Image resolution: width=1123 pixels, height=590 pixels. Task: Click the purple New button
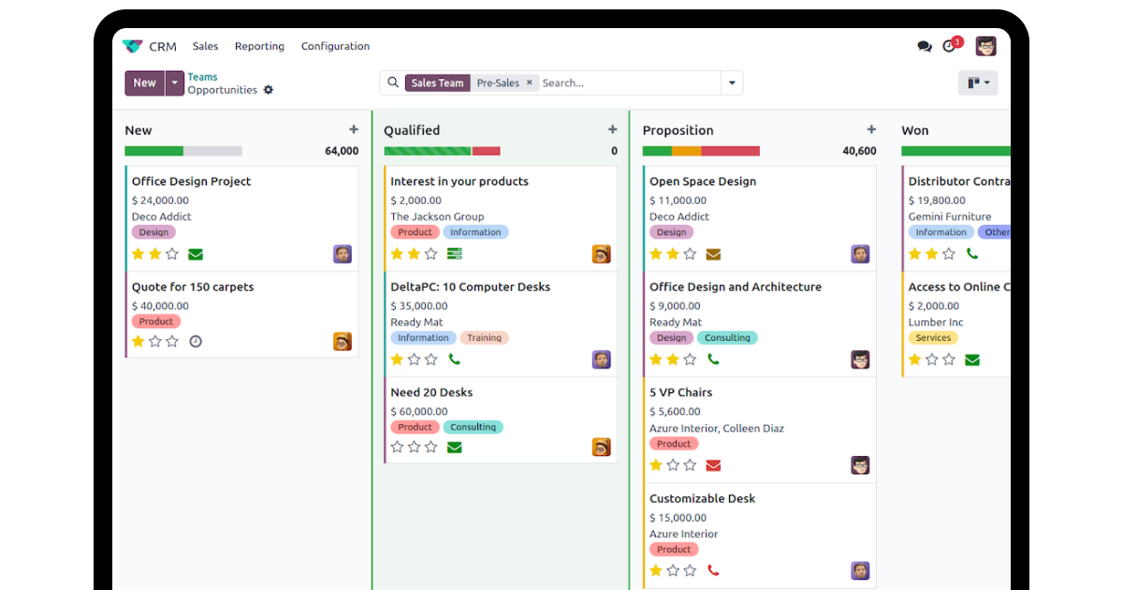tap(144, 82)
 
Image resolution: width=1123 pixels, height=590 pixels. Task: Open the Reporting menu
tap(259, 46)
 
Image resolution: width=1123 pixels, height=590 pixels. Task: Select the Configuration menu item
tap(335, 46)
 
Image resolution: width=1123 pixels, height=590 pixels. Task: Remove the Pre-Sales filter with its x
tap(529, 82)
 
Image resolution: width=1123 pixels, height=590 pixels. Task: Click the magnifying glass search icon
tap(393, 82)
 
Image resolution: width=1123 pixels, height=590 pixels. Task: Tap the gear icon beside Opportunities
tap(269, 90)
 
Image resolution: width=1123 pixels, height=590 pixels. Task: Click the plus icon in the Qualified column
tap(612, 129)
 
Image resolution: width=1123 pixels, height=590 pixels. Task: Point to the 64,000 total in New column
tap(342, 151)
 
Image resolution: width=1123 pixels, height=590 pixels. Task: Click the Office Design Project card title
tap(191, 181)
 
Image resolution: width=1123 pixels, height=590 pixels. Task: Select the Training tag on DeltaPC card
tap(484, 338)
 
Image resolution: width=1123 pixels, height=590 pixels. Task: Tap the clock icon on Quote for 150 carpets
tap(196, 342)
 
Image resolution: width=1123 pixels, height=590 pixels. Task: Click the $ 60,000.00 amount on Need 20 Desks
tap(419, 411)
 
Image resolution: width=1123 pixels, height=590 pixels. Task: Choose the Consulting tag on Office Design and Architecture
tap(727, 338)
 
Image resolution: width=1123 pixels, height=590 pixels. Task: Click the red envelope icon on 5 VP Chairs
tap(713, 465)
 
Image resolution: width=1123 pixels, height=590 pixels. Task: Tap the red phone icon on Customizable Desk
tap(713, 570)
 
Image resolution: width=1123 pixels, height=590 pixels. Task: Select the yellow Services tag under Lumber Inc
tap(933, 338)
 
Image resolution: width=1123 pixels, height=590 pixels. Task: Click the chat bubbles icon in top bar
tap(925, 47)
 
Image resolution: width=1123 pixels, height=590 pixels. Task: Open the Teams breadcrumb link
tap(202, 77)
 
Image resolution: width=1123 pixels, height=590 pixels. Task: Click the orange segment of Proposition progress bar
tap(686, 151)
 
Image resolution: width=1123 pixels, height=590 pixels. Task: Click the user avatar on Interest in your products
tap(601, 255)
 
